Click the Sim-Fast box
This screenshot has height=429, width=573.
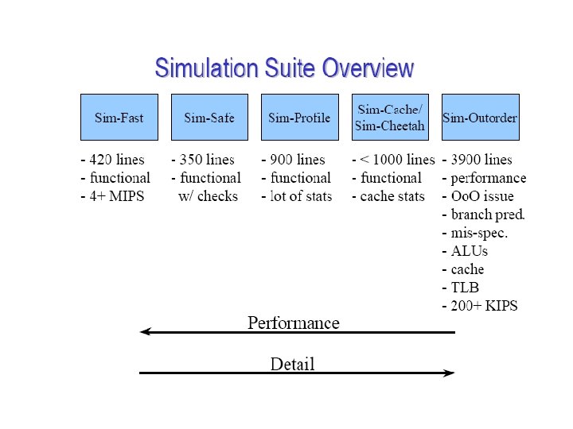[119, 118]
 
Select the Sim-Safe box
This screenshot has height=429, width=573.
[209, 118]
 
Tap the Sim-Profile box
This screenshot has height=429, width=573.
[299, 118]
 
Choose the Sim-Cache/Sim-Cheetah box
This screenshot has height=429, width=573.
[391, 118]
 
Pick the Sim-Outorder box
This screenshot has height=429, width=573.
[480, 118]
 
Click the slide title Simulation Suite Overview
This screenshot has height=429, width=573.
[284, 68]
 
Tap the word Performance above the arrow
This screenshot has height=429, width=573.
[293, 323]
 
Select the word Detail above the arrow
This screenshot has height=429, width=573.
[293, 364]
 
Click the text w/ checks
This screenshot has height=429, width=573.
[208, 196]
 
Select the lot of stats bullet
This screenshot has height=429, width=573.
[297, 196]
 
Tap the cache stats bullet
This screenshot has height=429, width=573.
[388, 196]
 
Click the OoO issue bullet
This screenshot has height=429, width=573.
[477, 196]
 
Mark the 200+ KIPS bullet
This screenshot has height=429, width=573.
[479, 306]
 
